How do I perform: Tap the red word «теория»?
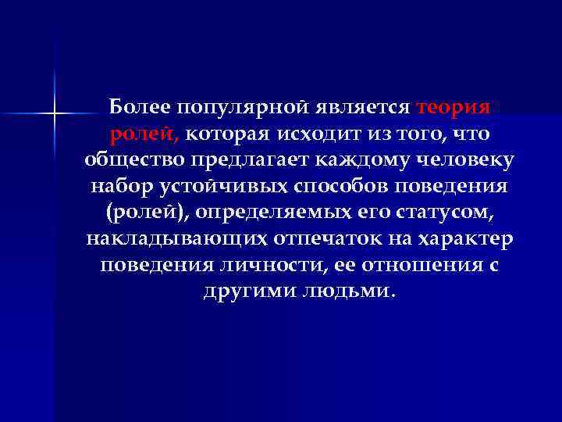pyautogui.click(x=454, y=106)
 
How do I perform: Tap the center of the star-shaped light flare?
pyautogui.click(x=55, y=115)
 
